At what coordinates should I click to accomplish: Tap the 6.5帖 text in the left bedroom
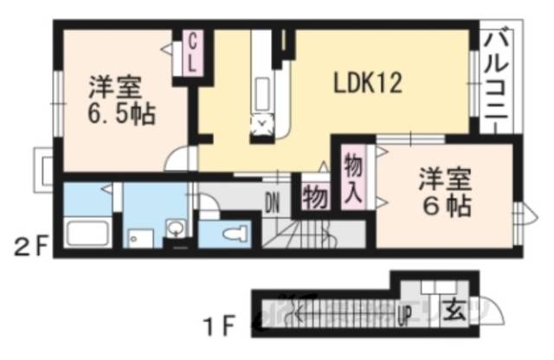(119, 113)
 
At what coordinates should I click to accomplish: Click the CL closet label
(195, 51)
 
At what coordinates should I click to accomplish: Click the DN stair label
(272, 205)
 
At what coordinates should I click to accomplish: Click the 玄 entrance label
(454, 308)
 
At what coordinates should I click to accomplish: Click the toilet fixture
(232, 235)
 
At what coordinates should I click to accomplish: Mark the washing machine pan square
(138, 236)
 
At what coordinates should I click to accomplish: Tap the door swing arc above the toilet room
(209, 203)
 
